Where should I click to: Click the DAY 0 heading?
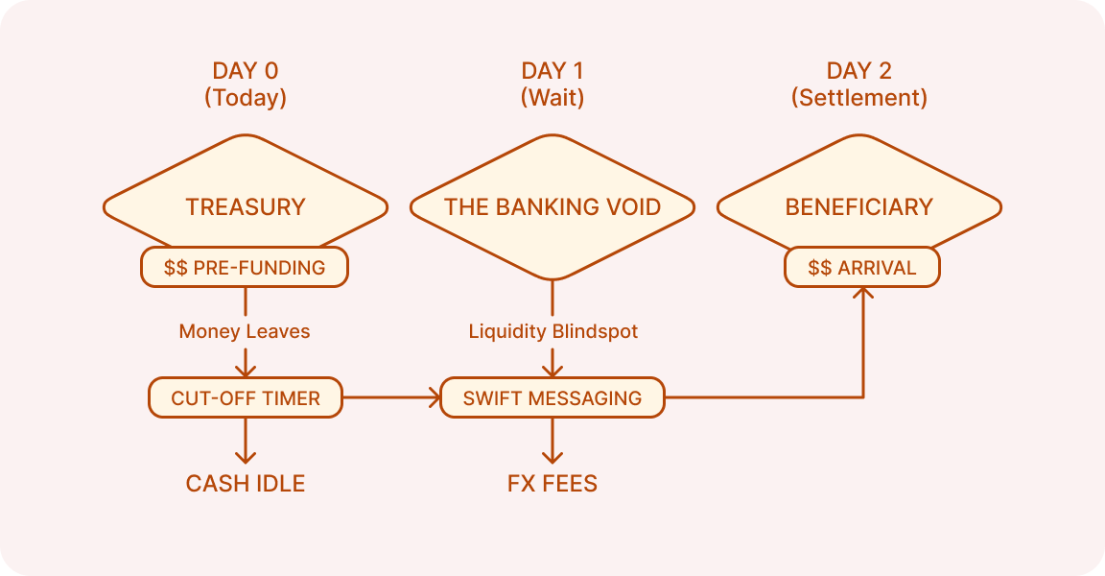[246, 71]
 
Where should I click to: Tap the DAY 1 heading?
[552, 71]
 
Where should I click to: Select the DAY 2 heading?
[859, 71]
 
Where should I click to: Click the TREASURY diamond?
[246, 205]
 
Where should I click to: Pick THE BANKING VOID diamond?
[552, 205]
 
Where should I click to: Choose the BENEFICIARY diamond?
[859, 205]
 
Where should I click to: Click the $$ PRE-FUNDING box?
[245, 268]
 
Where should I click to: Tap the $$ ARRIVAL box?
[862, 268]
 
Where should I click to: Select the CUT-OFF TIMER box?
[246, 397]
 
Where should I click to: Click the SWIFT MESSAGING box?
[552, 397]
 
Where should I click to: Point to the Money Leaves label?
[245, 331]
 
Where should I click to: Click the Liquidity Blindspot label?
[553, 331]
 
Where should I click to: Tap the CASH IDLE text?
[246, 483]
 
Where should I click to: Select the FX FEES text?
[552, 483]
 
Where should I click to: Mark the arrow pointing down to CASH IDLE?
[246, 444]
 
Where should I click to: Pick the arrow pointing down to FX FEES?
[552, 444]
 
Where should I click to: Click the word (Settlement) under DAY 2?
[859, 98]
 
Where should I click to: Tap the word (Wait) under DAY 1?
[552, 98]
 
